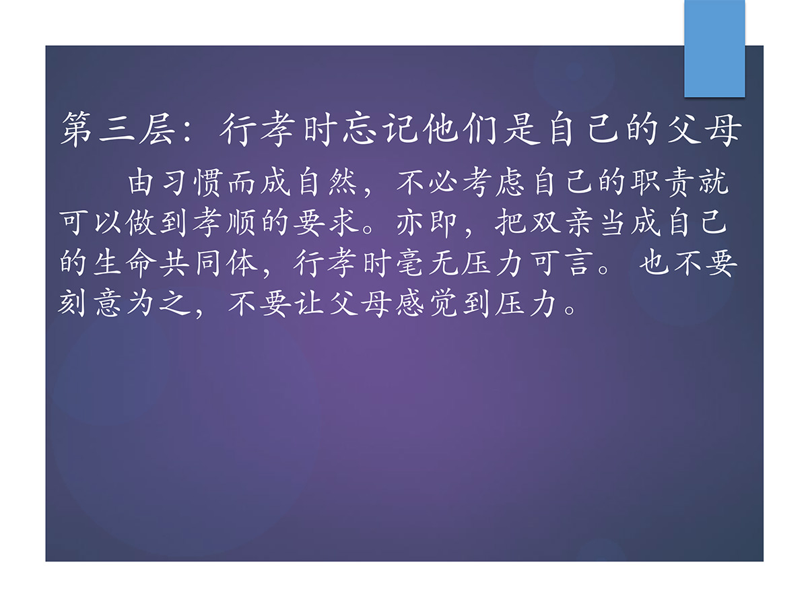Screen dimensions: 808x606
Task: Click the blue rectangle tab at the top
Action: [714, 48]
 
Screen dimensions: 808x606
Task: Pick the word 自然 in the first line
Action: [327, 183]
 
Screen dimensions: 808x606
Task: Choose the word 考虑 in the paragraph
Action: [494, 183]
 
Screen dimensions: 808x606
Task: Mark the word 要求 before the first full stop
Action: [326, 223]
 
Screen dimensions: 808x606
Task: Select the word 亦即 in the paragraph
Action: [426, 223]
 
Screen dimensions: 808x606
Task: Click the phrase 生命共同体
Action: [159, 263]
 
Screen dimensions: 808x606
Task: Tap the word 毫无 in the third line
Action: [427, 263]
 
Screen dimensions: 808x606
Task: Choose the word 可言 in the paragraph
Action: [561, 263]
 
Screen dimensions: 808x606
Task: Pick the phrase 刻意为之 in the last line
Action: [125, 304]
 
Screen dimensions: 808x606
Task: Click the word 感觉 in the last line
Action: [427, 304]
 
